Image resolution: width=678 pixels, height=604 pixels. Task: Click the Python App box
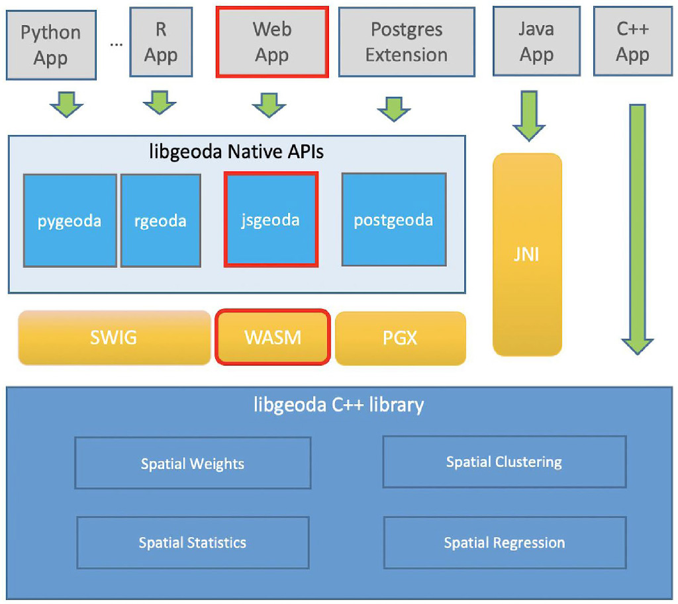click(50, 44)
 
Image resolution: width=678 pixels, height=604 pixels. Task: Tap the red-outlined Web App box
click(272, 42)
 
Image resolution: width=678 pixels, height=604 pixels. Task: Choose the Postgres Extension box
click(407, 42)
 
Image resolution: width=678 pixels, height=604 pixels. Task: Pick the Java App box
click(536, 42)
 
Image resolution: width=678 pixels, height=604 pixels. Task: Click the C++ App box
click(633, 42)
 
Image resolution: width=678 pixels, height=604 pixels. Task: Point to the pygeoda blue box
click(70, 220)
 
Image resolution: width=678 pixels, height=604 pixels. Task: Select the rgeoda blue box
click(160, 220)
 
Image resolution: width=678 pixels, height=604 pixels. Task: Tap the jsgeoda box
click(271, 220)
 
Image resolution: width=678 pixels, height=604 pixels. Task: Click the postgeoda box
click(393, 220)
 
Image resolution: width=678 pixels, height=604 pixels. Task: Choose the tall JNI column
click(527, 255)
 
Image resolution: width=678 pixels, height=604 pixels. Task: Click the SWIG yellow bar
click(114, 338)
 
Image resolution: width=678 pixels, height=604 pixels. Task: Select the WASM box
click(272, 337)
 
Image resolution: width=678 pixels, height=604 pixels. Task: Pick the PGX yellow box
click(400, 338)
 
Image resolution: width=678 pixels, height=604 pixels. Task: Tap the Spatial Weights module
click(193, 463)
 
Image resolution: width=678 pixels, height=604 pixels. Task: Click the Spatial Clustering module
click(504, 462)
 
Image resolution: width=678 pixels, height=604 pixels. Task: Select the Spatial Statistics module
click(193, 542)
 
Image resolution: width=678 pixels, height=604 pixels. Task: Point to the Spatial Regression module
click(504, 543)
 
